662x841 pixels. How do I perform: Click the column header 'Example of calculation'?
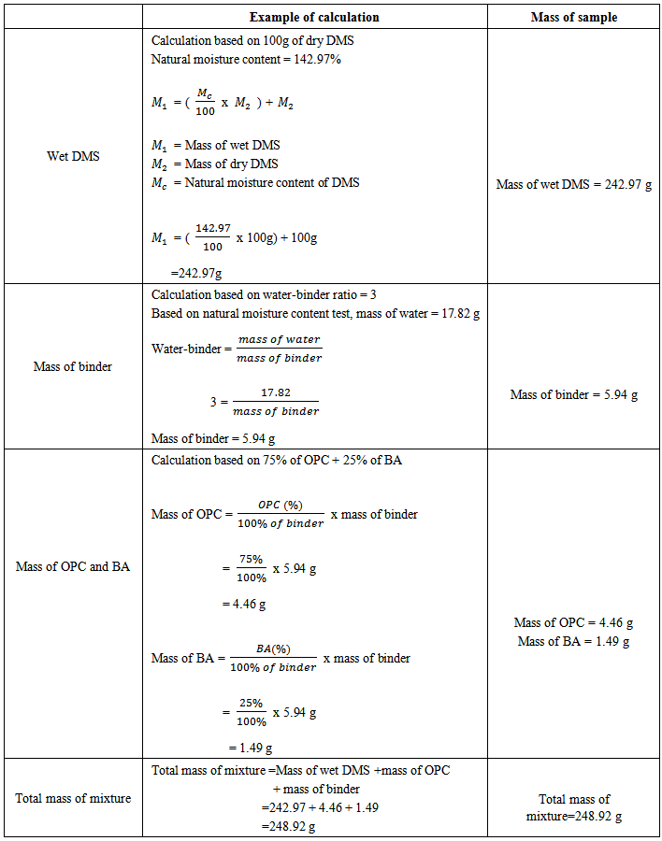tap(314, 17)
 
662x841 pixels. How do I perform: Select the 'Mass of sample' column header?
tap(573, 17)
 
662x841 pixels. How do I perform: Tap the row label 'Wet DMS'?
tap(73, 156)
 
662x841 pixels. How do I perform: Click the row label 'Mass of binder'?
tap(73, 366)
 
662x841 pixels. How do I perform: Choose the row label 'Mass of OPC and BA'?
tap(73, 566)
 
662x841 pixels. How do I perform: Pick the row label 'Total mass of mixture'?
tap(73, 798)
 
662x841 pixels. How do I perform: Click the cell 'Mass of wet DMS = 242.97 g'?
tap(573, 184)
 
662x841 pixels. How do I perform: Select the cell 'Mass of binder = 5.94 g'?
tap(573, 394)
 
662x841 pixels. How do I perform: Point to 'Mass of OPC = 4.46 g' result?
tap(573, 622)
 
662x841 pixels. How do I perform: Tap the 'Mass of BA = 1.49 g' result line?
tap(573, 641)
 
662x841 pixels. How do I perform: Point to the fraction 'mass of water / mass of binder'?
tap(278, 349)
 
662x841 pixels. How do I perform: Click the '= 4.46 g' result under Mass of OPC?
tap(244, 605)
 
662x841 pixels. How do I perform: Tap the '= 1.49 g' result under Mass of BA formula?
tap(251, 748)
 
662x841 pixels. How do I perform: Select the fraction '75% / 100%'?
tap(251, 568)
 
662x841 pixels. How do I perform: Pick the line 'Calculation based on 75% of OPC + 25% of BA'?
tap(277, 461)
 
